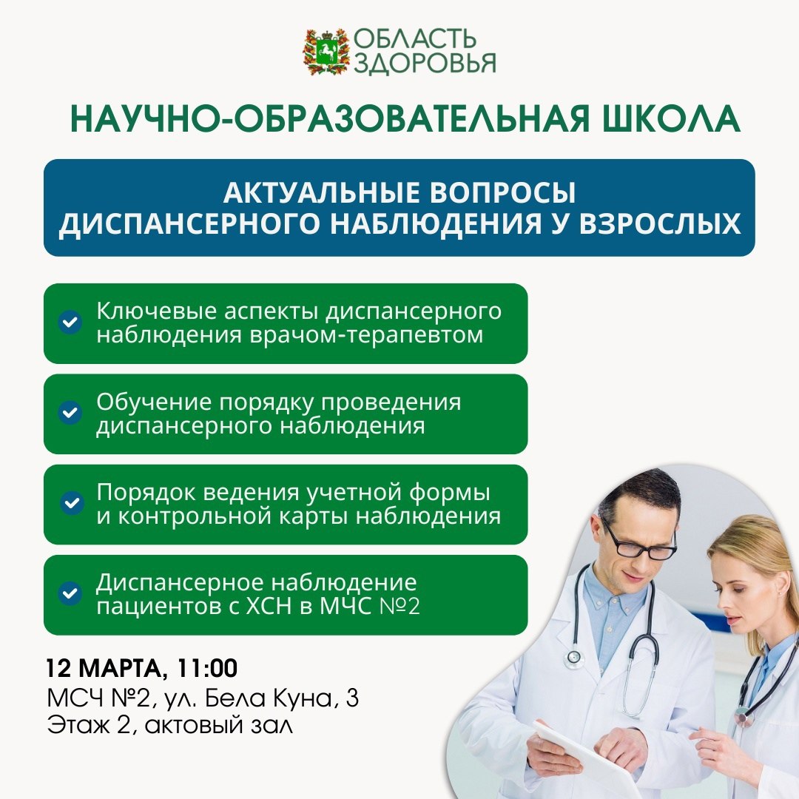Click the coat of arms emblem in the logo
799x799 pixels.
[x=326, y=52]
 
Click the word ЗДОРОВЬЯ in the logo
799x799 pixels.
[x=425, y=63]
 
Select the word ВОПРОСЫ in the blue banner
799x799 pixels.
[x=504, y=192]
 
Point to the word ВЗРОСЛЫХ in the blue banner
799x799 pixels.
[x=660, y=223]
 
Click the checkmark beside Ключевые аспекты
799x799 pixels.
[x=70, y=323]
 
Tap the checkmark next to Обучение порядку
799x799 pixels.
[x=70, y=413]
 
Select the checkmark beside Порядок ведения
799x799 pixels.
[x=71, y=503]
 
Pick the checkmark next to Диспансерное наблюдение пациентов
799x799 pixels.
[x=70, y=593]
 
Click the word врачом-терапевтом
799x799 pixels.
[x=366, y=335]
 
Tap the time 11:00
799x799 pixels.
[x=207, y=668]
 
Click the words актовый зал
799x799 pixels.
[x=218, y=725]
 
